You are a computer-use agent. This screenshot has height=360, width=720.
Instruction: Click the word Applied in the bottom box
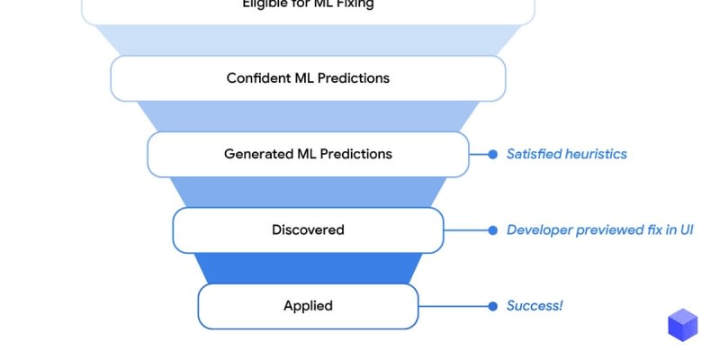(308, 306)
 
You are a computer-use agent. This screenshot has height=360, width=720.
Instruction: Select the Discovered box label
(308, 229)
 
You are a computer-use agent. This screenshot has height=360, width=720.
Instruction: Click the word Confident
(257, 78)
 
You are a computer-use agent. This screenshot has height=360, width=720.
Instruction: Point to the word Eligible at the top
(265, 4)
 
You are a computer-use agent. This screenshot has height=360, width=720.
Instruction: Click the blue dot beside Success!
(492, 306)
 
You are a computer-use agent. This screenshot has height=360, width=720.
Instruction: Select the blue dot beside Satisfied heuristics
(492, 154)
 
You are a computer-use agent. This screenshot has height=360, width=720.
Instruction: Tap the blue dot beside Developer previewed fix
(492, 229)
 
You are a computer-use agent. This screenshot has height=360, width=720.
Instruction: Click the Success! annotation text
(535, 306)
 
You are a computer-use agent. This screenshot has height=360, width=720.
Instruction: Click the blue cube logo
(683, 325)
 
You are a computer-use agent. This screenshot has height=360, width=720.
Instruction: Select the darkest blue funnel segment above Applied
(308, 268)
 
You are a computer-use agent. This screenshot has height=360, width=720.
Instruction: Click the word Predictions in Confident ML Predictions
(357, 78)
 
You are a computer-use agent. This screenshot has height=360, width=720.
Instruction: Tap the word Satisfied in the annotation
(535, 154)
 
